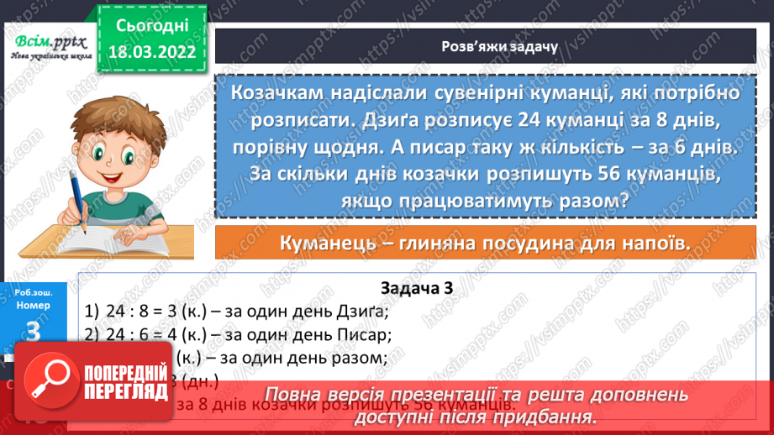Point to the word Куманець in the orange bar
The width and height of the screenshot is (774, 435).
point(328,244)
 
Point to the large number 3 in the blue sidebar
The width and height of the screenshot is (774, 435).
point(34,332)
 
